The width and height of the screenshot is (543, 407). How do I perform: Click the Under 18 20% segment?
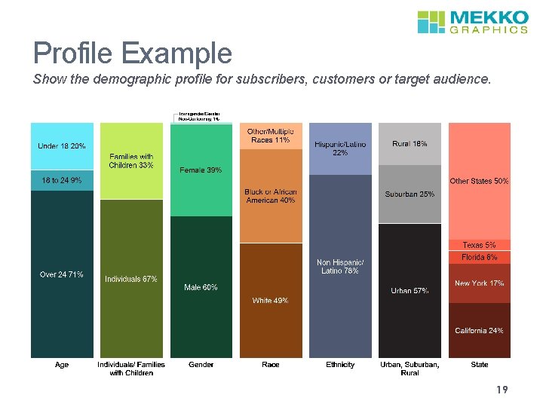click(x=62, y=146)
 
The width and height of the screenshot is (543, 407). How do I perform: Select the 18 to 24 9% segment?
click(x=62, y=181)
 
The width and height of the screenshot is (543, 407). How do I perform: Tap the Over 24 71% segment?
click(x=62, y=274)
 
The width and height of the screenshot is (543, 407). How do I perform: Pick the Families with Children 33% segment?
click(x=131, y=161)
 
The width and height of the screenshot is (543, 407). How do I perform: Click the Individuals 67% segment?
click(x=131, y=279)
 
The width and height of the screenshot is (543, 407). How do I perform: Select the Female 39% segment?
click(x=201, y=170)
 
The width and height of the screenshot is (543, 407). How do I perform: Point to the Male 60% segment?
click(x=201, y=287)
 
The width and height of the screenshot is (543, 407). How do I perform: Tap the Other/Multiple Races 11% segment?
click(x=271, y=136)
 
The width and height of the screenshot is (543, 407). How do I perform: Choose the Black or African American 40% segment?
click(x=271, y=196)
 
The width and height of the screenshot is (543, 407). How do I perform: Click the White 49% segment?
click(x=271, y=301)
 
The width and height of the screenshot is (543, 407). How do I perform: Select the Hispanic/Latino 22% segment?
click(x=340, y=148)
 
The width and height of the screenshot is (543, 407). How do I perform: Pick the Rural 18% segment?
click(x=410, y=144)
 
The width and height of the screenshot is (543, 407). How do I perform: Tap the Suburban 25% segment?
click(x=410, y=194)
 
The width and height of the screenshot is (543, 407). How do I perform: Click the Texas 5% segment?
click(x=480, y=245)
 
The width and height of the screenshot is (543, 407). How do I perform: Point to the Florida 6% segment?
click(x=480, y=258)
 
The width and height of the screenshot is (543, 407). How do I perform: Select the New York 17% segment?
click(x=480, y=283)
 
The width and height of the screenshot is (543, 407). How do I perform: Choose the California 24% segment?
click(x=480, y=330)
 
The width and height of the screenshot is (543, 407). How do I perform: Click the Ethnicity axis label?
click(x=340, y=365)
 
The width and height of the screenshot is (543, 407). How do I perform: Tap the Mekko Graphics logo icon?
click(x=432, y=22)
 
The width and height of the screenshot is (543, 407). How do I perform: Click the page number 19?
click(x=502, y=390)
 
